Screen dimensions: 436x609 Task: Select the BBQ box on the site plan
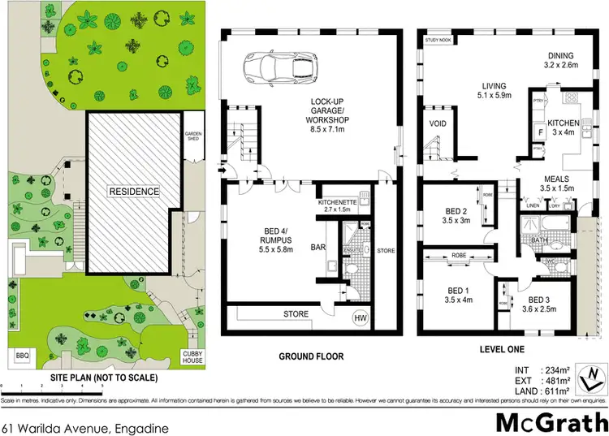(21, 355)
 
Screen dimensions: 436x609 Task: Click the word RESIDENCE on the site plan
(135, 191)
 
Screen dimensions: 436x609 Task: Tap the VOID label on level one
(437, 124)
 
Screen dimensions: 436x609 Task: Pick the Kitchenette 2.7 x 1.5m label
(338, 205)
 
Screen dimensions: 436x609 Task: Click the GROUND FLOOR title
(311, 356)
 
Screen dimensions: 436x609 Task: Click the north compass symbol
(594, 374)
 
